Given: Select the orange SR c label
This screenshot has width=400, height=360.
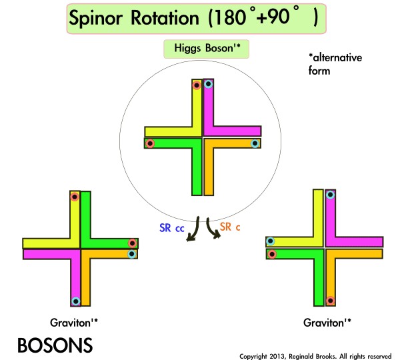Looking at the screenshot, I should [x=230, y=227].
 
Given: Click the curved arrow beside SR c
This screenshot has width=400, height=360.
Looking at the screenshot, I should [x=213, y=231].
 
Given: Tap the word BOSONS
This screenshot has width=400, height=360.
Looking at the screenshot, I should [x=55, y=345].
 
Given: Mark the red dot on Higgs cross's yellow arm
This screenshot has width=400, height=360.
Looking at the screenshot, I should [x=197, y=85].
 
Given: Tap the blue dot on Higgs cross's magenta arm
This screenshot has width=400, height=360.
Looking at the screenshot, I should [x=208, y=84].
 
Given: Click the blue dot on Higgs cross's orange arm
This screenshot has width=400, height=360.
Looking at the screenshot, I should [x=254, y=143].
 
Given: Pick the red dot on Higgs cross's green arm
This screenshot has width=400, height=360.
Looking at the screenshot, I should [x=150, y=143].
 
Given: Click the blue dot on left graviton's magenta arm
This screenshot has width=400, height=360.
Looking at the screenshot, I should [x=75, y=301].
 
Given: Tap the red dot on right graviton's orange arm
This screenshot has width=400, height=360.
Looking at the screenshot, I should [x=330, y=300].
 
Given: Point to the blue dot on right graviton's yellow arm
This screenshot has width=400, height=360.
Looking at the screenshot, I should [x=271, y=241].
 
